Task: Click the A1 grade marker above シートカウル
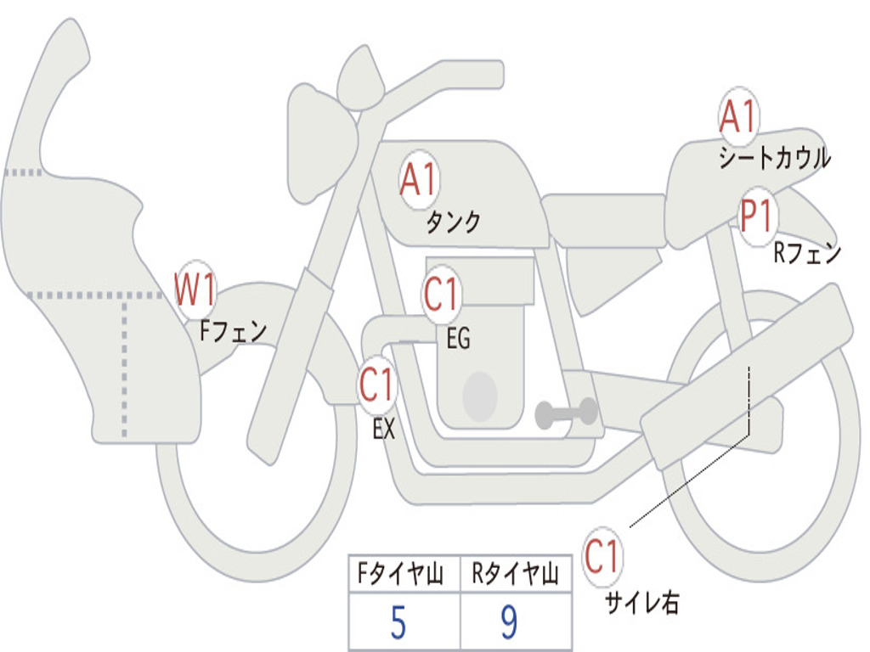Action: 737,117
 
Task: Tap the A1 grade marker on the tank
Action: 418,180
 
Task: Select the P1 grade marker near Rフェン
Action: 755,217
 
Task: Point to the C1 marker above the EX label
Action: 376,386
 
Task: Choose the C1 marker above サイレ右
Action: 602,558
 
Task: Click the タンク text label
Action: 453,222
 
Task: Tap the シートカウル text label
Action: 774,158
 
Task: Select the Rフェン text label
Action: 806,253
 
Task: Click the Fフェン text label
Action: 233,330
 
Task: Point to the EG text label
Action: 458,340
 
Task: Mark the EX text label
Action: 384,430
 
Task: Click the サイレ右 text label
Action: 641,603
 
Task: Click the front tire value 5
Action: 398,624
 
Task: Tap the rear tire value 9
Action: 509,624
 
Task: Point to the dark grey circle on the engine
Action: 480,396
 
